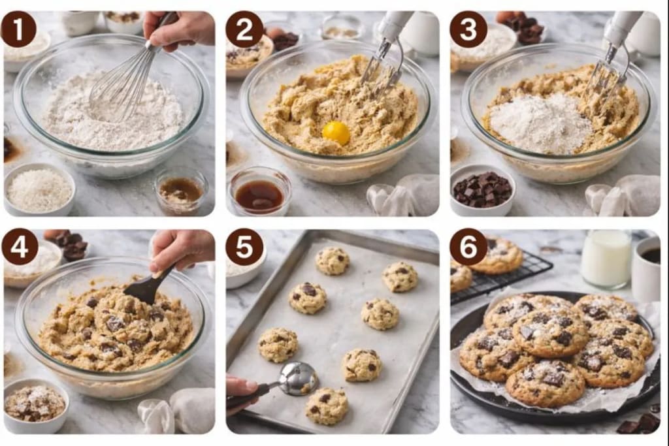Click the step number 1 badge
(18, 29)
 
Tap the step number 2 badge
(244, 29)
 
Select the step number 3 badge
(468, 29)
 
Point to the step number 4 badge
(19, 246)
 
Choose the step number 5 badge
(244, 246)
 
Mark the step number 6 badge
(468, 246)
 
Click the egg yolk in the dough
(336, 133)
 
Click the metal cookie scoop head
(299, 379)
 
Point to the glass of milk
(606, 259)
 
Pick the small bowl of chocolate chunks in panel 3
(483, 190)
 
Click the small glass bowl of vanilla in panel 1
(180, 191)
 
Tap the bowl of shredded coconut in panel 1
(39, 190)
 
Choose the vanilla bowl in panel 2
(259, 194)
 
